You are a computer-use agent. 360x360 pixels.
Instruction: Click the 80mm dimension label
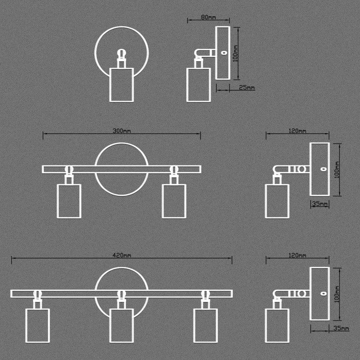coord(208,18)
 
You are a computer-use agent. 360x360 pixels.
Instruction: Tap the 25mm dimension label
coord(247,88)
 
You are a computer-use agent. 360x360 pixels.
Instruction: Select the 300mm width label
coord(121,131)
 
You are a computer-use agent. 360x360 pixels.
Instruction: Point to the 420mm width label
coord(121,255)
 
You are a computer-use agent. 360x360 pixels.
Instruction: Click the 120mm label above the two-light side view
coord(297,131)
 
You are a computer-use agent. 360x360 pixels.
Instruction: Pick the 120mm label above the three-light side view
coord(297,255)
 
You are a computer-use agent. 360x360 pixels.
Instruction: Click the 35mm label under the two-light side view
coord(319,204)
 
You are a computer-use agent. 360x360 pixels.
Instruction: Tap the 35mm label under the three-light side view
coord(340,328)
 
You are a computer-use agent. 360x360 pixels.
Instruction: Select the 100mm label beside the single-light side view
coord(235,53)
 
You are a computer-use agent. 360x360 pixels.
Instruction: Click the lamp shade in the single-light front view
coord(121,85)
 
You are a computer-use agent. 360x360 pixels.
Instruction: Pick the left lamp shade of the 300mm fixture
coord(69,201)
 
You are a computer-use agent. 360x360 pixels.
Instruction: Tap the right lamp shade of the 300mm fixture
coord(174,201)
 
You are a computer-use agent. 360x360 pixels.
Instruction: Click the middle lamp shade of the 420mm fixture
coord(121,325)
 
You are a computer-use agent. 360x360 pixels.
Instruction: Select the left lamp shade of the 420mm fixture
coord(38,325)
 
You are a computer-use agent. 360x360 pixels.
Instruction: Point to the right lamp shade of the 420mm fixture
coord(205,325)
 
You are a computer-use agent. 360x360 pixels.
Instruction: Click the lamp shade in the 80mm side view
coord(198,85)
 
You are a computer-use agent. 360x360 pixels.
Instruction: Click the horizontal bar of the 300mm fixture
coord(121,169)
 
